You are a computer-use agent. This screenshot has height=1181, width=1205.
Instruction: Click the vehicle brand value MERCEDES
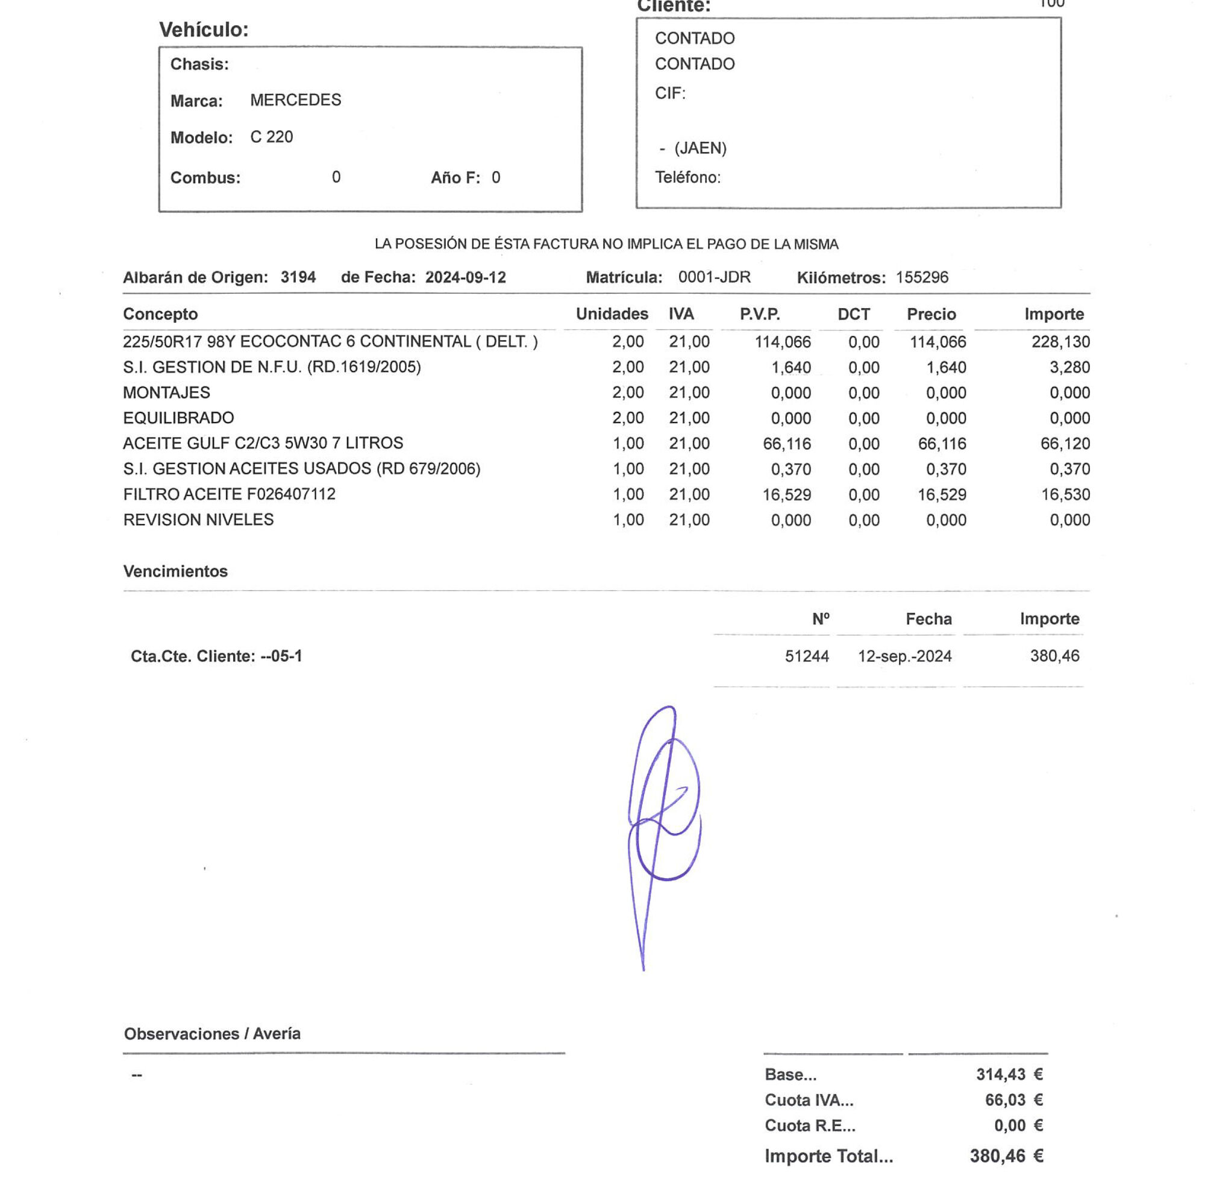pos(295,100)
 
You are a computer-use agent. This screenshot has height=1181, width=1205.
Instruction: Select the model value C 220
pos(272,137)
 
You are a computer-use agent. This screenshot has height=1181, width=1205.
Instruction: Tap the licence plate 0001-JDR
pos(714,277)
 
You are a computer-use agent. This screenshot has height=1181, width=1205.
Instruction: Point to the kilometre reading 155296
pos(922,277)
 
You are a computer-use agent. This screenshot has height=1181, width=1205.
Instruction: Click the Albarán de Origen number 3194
pos(298,277)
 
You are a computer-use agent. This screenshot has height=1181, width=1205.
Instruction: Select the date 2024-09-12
pos(466,277)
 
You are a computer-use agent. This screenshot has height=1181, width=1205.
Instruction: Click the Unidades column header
pos(612,314)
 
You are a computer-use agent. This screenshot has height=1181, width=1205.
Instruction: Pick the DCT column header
pos(854,314)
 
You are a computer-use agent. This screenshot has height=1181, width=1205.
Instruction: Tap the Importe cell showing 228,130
pos(1060,342)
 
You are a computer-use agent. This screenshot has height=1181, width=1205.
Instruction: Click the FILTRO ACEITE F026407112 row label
pos(230,494)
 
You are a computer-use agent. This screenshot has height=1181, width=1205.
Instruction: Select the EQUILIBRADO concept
pos(178,418)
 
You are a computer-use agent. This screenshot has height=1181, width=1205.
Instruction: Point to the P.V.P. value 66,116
pos(787,444)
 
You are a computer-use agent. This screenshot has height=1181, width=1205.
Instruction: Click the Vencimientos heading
pos(175,572)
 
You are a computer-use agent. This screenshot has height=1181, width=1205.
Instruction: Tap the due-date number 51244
pos(806,657)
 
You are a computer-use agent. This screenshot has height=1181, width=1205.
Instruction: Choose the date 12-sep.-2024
pos(904,657)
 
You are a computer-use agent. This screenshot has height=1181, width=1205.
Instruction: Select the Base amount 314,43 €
pos(1009,1074)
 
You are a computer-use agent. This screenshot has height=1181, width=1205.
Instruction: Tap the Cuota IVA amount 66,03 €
pos(1013,1100)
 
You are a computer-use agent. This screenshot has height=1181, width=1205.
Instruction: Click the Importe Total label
pos(828,1156)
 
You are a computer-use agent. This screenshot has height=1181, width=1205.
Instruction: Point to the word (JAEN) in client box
pos(701,148)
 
